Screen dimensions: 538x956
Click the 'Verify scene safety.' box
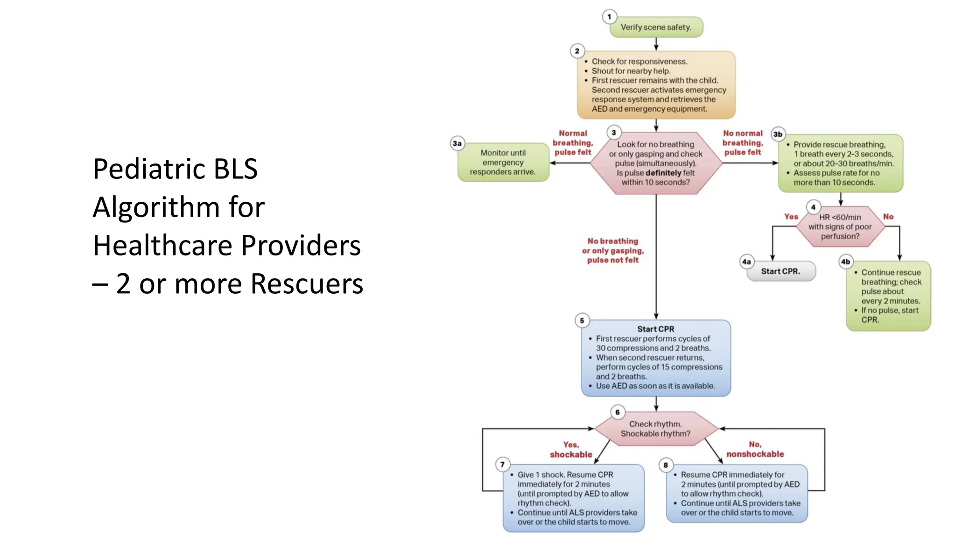(x=656, y=27)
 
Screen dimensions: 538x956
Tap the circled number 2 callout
(x=577, y=51)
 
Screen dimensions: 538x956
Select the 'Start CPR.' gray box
(x=780, y=271)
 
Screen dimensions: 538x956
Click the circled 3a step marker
(x=457, y=143)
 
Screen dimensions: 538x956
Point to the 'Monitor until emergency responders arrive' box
(x=503, y=162)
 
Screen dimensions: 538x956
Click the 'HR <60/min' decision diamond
(x=840, y=227)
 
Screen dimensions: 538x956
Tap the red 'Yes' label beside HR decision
(x=791, y=217)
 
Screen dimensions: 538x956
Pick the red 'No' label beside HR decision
(x=888, y=217)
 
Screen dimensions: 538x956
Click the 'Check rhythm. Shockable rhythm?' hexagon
(x=655, y=429)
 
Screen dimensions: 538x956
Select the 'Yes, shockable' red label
(x=571, y=450)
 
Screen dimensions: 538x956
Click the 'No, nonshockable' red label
(x=755, y=449)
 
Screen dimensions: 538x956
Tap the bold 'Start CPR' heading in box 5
(x=655, y=329)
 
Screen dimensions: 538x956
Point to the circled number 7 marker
(x=502, y=464)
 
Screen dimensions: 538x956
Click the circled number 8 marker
(x=666, y=465)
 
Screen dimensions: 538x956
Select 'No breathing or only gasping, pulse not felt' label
(x=613, y=251)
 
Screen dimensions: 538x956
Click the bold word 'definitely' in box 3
(x=666, y=173)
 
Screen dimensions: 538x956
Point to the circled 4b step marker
(x=845, y=262)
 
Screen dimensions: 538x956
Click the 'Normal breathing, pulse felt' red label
(x=573, y=143)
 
